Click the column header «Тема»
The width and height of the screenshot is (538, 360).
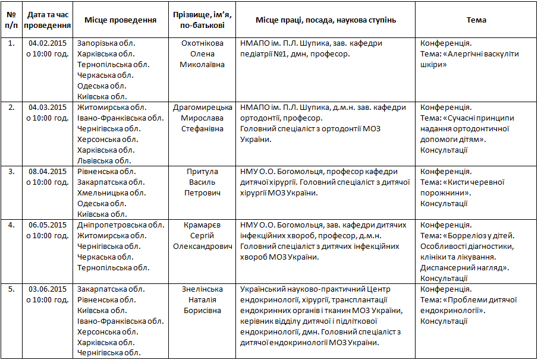[x=476, y=20]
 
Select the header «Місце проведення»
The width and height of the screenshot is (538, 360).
[x=120, y=20]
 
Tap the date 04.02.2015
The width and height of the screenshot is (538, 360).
[x=47, y=43]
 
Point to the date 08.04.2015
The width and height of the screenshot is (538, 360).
[x=47, y=172]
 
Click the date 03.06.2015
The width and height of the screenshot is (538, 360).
[x=47, y=289]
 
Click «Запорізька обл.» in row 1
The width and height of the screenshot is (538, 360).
[x=106, y=43]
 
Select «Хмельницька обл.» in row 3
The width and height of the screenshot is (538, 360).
[x=111, y=193]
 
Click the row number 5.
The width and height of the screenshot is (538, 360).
[x=11, y=289]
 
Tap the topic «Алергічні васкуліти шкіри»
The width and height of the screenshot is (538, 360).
[x=470, y=59]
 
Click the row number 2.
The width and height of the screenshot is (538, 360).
[x=11, y=108]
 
